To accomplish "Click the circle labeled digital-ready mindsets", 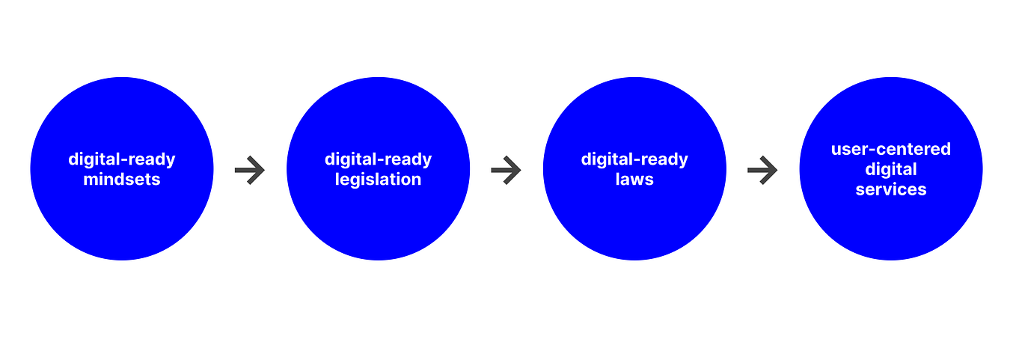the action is [121, 169].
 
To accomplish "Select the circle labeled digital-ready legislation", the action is [379, 169].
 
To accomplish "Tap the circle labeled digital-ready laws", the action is [634, 169].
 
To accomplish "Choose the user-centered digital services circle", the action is [891, 169].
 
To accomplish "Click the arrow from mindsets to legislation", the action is [249, 170].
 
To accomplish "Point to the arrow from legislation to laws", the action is [506, 170].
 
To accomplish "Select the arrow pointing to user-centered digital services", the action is [762, 170].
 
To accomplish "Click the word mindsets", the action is [121, 180].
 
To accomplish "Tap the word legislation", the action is [379, 180].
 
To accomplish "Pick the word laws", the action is [634, 180].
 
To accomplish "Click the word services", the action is [891, 189].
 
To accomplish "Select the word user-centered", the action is [891, 149].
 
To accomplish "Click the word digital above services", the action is [891, 170].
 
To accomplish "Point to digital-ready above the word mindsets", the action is [121, 160].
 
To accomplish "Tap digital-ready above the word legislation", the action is [379, 160].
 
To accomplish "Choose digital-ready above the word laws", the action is [634, 160].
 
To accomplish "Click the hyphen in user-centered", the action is [877, 150].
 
